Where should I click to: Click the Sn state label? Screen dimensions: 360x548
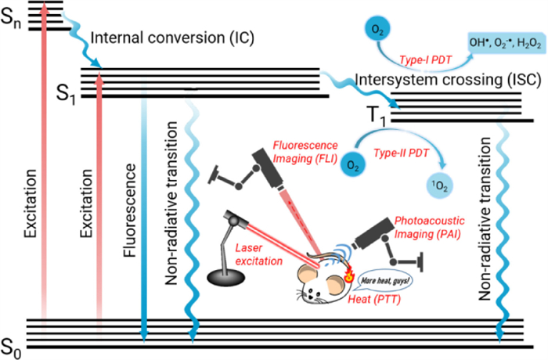[x=13, y=20]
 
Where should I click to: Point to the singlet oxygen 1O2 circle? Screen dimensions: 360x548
[x=441, y=185]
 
